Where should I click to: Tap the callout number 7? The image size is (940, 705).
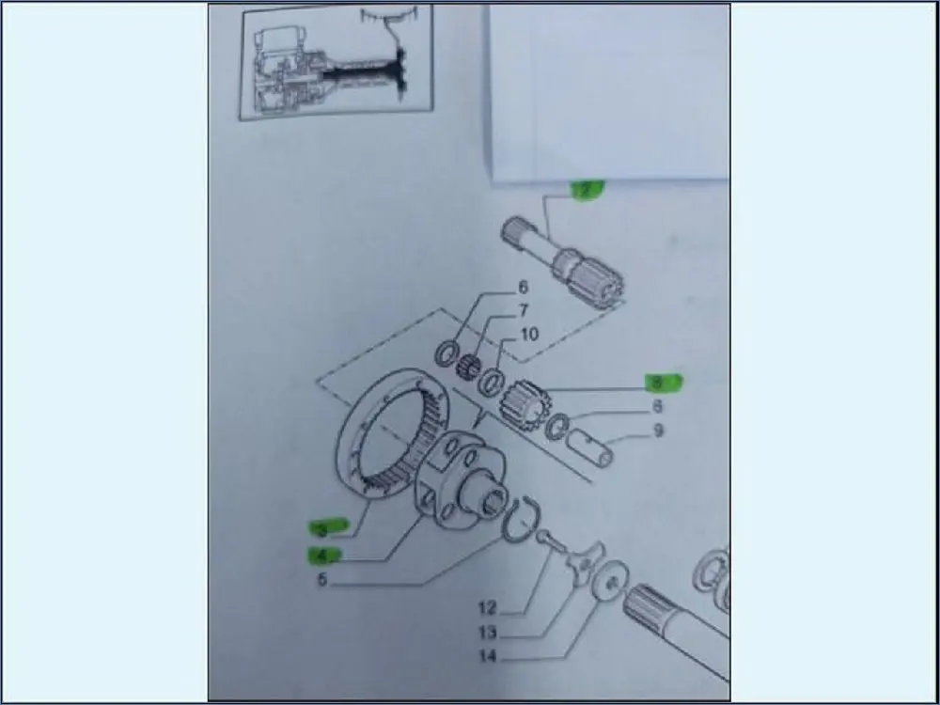click(x=524, y=311)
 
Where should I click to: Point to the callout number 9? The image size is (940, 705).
click(x=658, y=431)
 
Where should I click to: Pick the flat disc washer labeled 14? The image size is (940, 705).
click(x=612, y=577)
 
